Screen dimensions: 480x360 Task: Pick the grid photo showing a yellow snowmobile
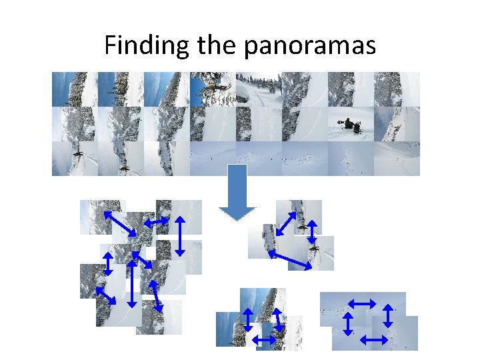coord(213,89)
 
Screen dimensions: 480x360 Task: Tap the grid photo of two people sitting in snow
coord(351,124)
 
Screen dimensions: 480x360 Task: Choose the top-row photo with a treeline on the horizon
coord(259,89)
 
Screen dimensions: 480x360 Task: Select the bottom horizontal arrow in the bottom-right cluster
coord(373,340)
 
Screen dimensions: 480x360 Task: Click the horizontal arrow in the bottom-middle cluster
coord(265,340)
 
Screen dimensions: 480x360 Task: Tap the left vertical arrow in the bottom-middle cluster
coord(247,319)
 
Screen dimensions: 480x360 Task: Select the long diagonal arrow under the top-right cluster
coord(290,259)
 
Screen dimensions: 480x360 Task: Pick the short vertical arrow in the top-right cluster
coord(311,231)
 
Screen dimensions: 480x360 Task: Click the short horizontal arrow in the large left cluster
coord(156,220)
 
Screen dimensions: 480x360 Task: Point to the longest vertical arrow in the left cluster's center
coord(132,283)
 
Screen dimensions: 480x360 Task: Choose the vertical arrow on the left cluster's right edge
coord(179,235)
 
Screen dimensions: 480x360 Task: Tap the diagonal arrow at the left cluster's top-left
coord(120,223)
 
